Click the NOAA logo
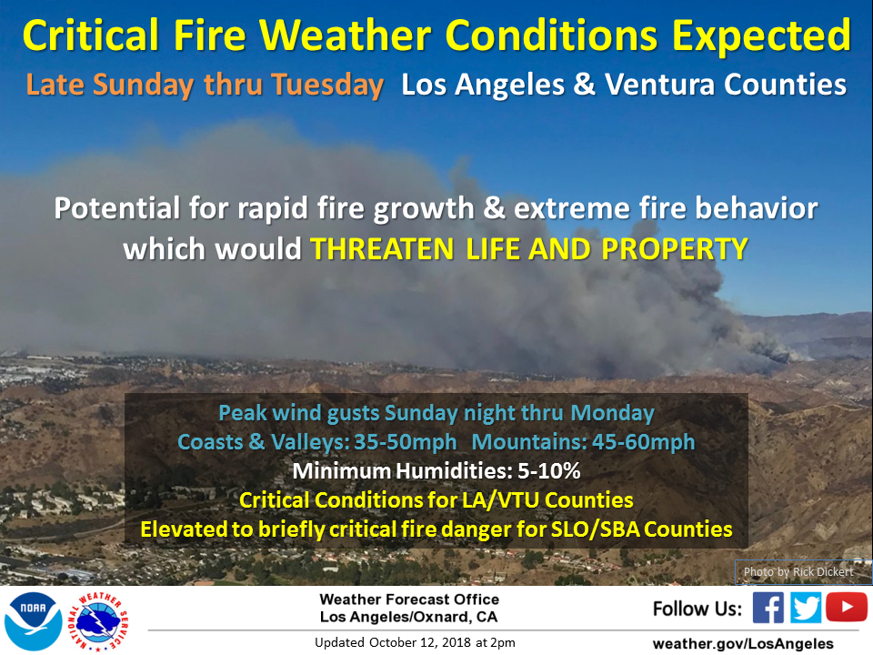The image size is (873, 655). (33, 621)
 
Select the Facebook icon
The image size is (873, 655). (768, 607)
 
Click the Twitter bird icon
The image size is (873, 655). (805, 607)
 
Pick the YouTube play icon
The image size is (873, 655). (847, 607)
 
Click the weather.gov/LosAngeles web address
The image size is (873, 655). (743, 643)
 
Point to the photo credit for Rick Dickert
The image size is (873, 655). (798, 571)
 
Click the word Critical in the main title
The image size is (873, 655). (91, 35)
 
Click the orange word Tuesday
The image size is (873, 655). (327, 86)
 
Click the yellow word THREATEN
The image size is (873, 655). (382, 248)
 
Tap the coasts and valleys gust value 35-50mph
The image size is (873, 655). (406, 442)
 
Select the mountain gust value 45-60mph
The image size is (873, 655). (643, 442)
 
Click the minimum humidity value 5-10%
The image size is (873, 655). (549, 471)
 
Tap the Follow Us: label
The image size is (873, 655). (697, 609)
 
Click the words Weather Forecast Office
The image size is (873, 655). (409, 600)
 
